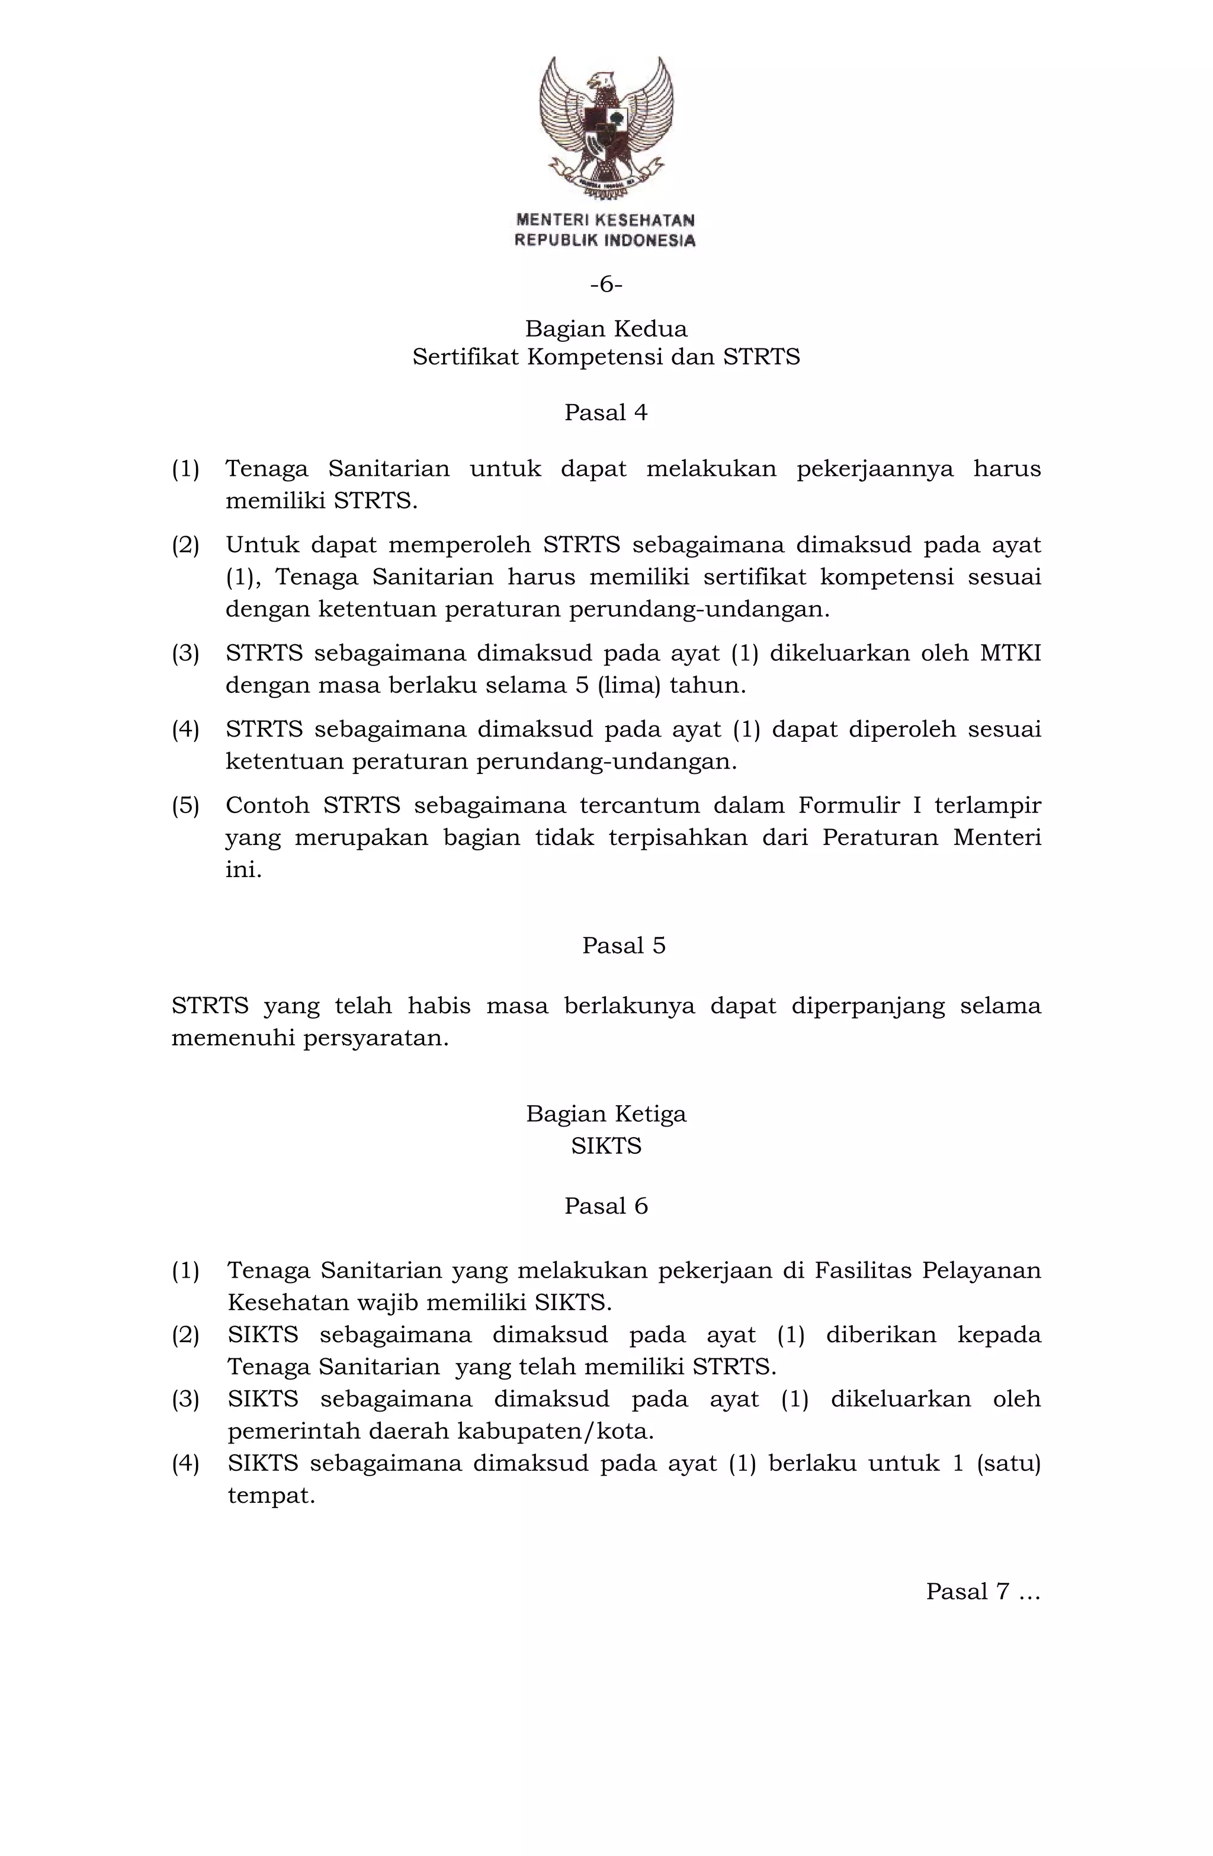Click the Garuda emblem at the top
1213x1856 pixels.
[x=606, y=125]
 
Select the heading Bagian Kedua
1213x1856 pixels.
[x=606, y=328]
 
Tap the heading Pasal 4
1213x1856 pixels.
[x=606, y=412]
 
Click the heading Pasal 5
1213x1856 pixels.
[x=624, y=945]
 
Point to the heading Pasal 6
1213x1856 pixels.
[x=606, y=1205]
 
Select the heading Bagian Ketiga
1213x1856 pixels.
[x=606, y=1113]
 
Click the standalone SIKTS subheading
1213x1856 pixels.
[x=606, y=1145]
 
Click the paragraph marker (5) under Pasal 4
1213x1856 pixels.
[x=185, y=805]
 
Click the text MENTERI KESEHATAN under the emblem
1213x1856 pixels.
[x=605, y=220]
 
